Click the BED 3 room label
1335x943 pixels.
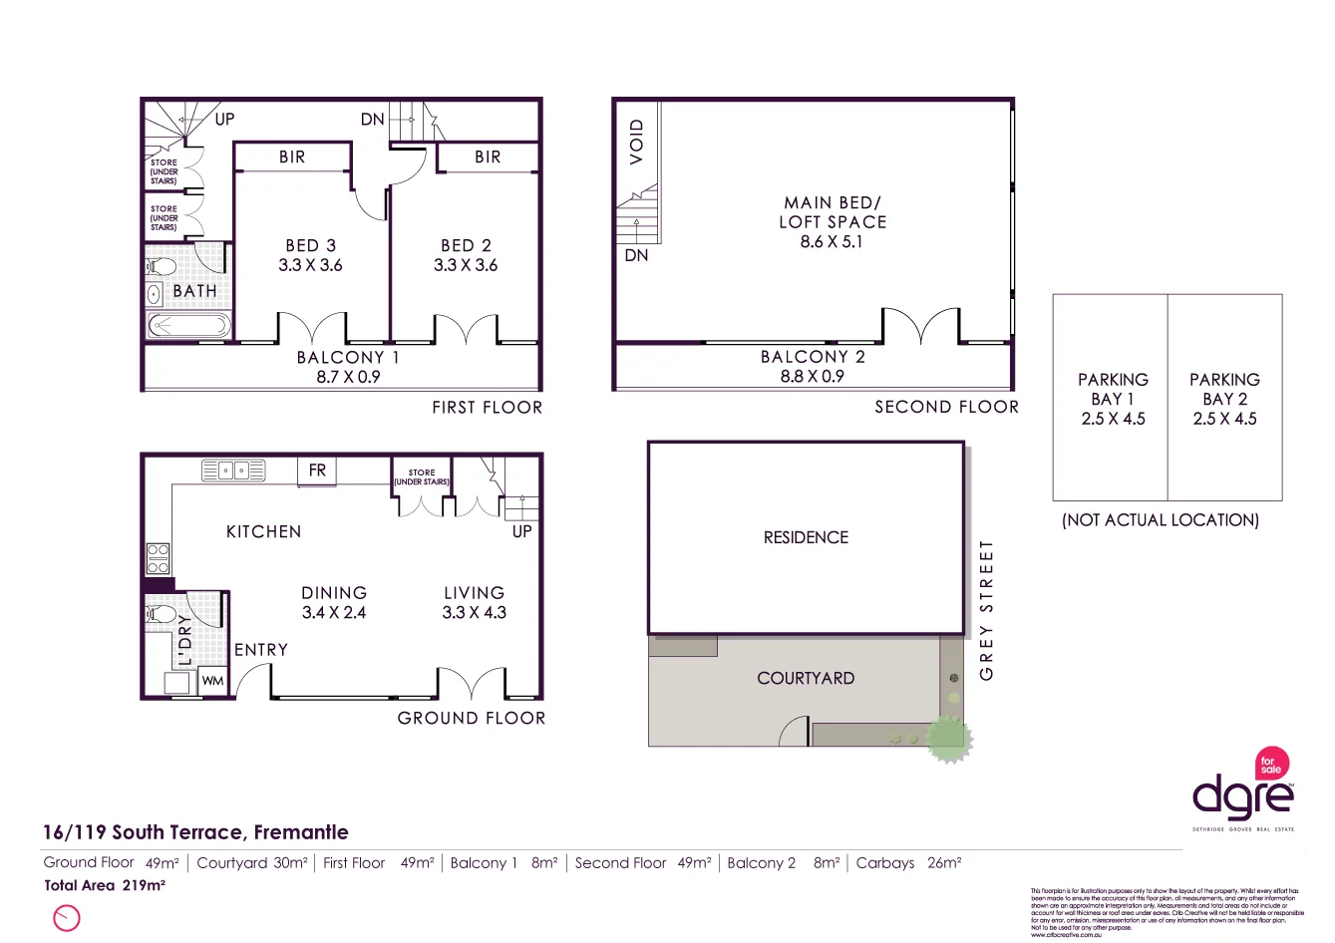pyautogui.click(x=310, y=245)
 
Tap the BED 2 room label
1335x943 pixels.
pyautogui.click(x=466, y=245)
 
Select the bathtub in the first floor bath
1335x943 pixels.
pyautogui.click(x=188, y=326)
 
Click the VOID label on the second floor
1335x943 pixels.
pyautogui.click(x=637, y=142)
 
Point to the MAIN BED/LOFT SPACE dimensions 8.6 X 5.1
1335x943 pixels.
pyautogui.click(x=832, y=241)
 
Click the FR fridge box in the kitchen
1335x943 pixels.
pyautogui.click(x=317, y=471)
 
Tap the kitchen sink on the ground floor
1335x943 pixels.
pyautogui.click(x=233, y=470)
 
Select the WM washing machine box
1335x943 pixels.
pyautogui.click(x=213, y=681)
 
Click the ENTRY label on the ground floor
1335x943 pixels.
pyautogui.click(x=261, y=650)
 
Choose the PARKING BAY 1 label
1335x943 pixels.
pyautogui.click(x=1113, y=399)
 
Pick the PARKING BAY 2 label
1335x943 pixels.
pyautogui.click(x=1224, y=399)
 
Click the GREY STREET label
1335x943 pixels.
pyautogui.click(x=987, y=610)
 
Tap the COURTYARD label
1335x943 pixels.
pyautogui.click(x=806, y=678)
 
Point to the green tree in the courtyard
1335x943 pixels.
pyautogui.click(x=947, y=738)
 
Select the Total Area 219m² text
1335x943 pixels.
pyautogui.click(x=105, y=885)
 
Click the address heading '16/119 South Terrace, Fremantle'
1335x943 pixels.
pyautogui.click(x=195, y=832)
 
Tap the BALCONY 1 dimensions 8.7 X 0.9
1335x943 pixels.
pyautogui.click(x=348, y=377)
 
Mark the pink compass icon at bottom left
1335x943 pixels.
pyautogui.click(x=66, y=917)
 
